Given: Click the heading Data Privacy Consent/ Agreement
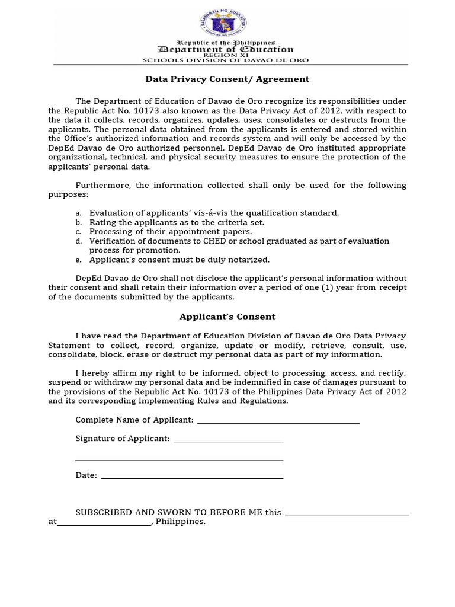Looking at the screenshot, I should (x=227, y=78).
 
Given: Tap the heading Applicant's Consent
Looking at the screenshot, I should (x=227, y=317).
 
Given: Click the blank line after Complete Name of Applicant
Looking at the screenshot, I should (x=278, y=422).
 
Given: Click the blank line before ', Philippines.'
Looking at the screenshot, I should (x=104, y=523).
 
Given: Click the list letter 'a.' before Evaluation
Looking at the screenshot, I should (x=79, y=213).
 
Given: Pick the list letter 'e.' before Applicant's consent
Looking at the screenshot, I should (x=79, y=260).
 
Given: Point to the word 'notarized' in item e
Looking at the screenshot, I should (x=249, y=260).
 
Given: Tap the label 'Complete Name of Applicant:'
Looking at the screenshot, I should (x=134, y=420).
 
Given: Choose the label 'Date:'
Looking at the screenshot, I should (x=86, y=475).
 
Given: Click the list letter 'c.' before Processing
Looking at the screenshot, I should (x=79, y=232).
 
